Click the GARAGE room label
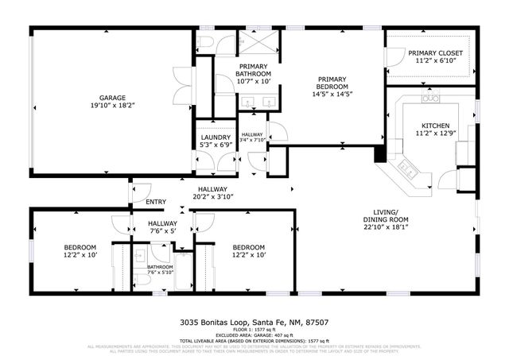point(112,98)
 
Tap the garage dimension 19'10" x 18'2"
point(112,106)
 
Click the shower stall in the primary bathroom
point(259,42)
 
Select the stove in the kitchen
point(431,98)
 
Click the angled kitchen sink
point(408,166)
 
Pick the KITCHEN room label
point(435,126)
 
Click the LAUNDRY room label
point(215,137)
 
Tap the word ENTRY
point(155,202)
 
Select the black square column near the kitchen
point(381,153)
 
